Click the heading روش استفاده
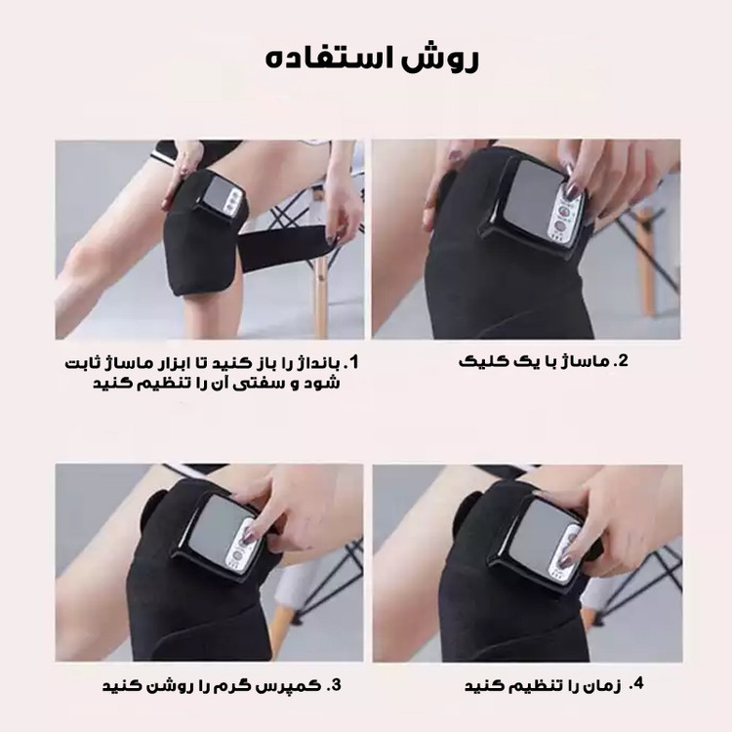pyautogui.click(x=372, y=60)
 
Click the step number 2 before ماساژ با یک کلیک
pyautogui.click(x=623, y=361)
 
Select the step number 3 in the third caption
pyautogui.click(x=334, y=685)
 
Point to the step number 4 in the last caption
pyautogui.click(x=636, y=684)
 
